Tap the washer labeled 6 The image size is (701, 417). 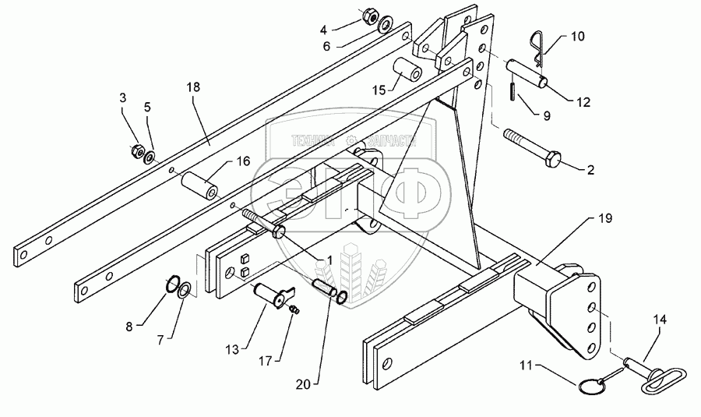384,27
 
